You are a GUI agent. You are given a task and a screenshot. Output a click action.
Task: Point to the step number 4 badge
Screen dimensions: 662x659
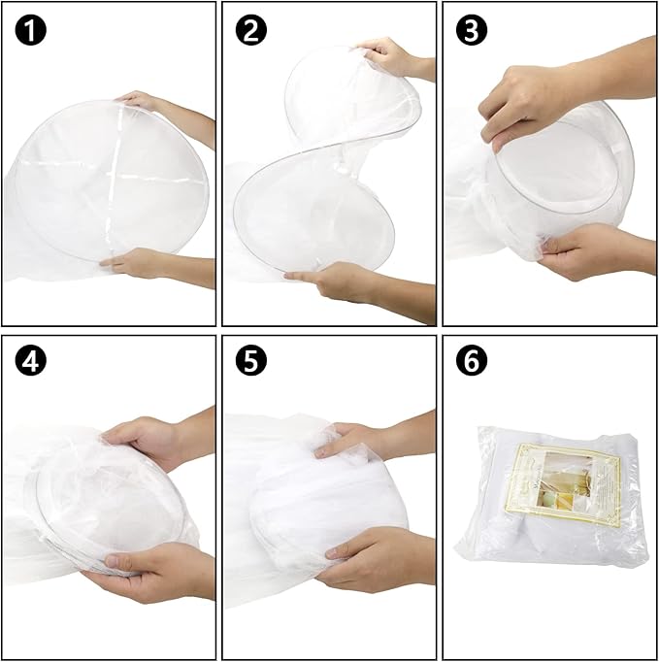point(30,362)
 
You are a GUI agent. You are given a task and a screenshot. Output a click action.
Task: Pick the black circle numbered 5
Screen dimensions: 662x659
point(250,362)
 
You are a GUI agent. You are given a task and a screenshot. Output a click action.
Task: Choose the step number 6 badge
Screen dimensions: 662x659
point(472,362)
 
